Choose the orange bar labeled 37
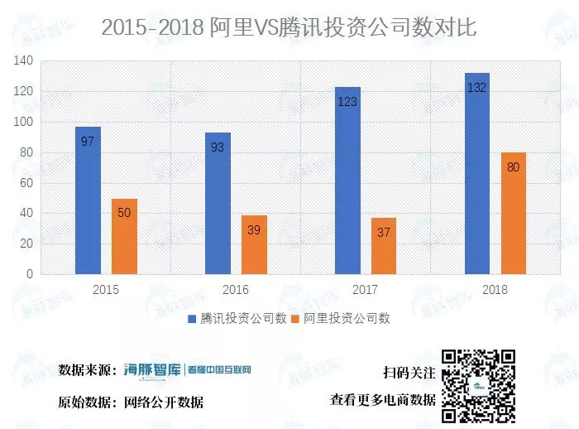(x=384, y=246)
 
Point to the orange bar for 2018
(x=513, y=213)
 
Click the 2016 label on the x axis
(x=236, y=290)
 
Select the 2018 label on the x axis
(x=495, y=290)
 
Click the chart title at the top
(x=289, y=27)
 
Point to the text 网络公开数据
(x=164, y=402)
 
